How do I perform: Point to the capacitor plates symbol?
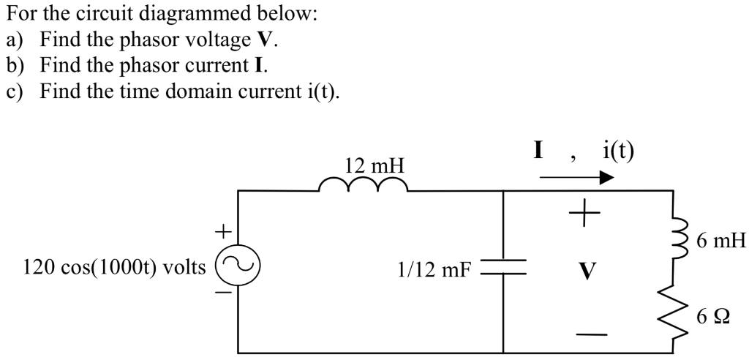click(503, 267)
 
